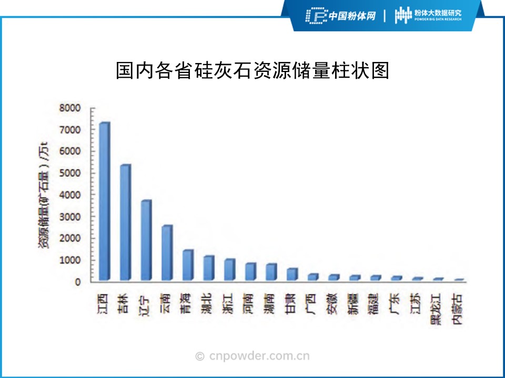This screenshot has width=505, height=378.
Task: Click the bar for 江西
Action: tap(105, 202)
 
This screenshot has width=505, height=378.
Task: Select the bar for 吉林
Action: tap(125, 223)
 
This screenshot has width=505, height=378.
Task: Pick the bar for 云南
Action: tap(167, 253)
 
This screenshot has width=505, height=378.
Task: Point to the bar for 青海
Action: tap(187, 265)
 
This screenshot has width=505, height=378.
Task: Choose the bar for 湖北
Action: tap(208, 268)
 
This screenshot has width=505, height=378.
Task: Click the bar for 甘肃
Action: tap(291, 275)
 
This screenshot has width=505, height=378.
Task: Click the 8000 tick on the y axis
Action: tap(70, 108)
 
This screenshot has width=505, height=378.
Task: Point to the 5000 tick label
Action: tap(70, 173)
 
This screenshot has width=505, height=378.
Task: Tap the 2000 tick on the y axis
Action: tap(70, 238)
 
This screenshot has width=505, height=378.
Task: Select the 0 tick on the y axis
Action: tap(77, 282)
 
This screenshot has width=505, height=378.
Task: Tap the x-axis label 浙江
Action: tap(229, 304)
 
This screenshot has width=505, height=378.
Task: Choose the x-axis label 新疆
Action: tap(353, 304)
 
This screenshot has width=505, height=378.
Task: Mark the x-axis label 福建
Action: tap(375, 304)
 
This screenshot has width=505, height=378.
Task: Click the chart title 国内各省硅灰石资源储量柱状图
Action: tap(252, 71)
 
